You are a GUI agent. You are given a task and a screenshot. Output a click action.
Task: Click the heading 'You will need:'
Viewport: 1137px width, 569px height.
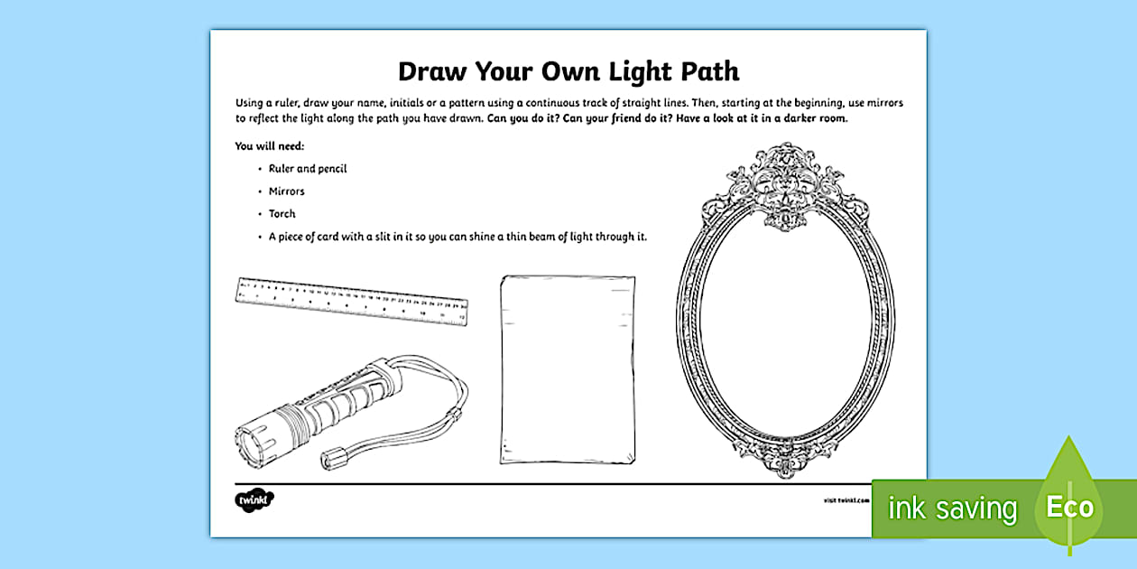[270, 145]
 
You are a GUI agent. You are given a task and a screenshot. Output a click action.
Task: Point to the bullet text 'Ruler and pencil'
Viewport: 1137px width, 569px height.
[308, 169]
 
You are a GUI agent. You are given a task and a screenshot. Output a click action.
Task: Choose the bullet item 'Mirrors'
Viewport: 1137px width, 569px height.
[287, 191]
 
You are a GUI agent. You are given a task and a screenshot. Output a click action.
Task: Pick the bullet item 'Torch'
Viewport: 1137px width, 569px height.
[282, 214]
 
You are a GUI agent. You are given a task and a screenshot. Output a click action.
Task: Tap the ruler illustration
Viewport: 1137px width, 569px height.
[353, 300]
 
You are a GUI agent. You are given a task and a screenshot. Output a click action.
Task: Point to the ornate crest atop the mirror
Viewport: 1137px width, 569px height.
[772, 185]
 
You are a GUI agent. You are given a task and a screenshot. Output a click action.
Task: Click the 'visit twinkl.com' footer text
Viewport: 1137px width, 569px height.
[845, 499]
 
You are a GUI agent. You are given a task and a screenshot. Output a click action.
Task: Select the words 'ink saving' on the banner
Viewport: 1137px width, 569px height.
[952, 508]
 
